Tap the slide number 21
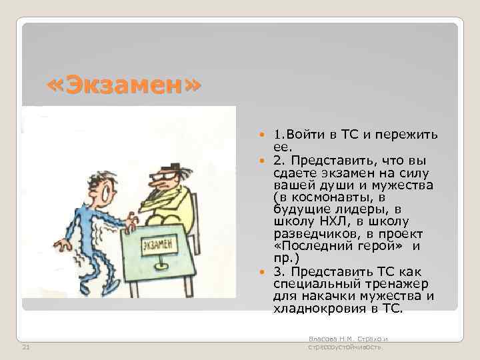[25, 346]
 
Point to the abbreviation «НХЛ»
[325, 221]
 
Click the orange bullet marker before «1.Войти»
[259, 135]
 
